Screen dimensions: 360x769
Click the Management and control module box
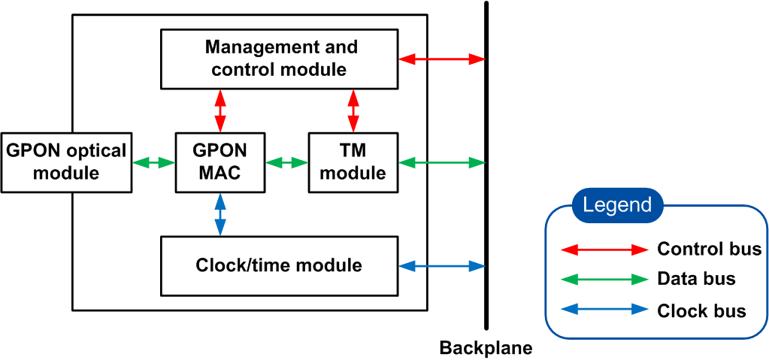coord(279,59)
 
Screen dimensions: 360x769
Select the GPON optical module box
coord(66,162)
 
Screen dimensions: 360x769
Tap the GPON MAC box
coord(221,162)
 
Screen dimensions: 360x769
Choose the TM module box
coord(352,162)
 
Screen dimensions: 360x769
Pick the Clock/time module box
coord(279,265)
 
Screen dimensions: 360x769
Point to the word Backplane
coord(486,348)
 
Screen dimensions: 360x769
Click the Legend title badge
coord(617,205)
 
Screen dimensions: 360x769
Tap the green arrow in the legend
coord(604,280)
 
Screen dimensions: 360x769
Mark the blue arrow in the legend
coord(604,310)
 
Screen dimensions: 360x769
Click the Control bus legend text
coord(709,250)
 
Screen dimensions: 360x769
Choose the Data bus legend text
coord(696,280)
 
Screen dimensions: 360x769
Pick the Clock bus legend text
coord(701,310)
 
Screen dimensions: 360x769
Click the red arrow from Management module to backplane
coord(441,58)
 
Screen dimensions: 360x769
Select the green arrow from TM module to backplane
coord(441,162)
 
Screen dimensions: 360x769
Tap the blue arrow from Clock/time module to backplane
coord(441,265)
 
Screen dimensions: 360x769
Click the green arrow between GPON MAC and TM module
coord(287,162)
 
